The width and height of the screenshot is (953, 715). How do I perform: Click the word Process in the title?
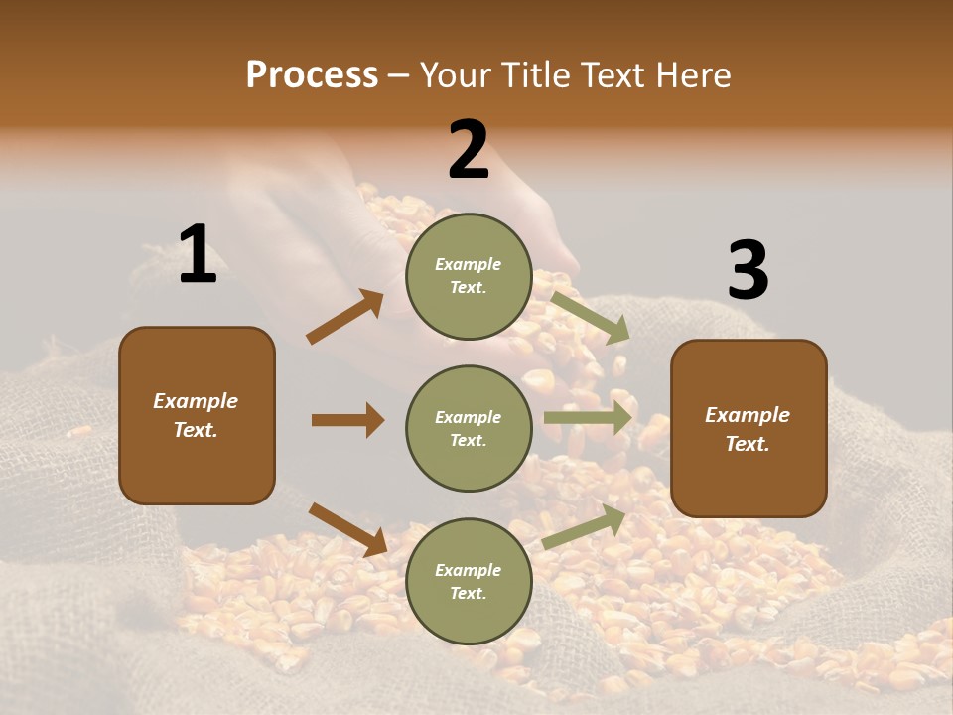pos(312,75)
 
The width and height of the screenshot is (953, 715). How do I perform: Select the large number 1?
pos(198,256)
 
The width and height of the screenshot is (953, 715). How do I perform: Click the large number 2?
pos(469,150)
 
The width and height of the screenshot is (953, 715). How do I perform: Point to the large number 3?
pos(748,271)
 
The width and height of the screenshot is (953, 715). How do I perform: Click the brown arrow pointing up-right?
pos(345,316)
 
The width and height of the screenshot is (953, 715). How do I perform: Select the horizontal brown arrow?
pos(347,420)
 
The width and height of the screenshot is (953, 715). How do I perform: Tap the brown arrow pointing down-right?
pos(348,529)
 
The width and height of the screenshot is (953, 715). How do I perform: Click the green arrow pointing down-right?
pos(591,317)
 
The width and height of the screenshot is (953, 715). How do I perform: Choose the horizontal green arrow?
pos(589,417)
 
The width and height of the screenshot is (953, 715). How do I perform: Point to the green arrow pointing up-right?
pos(585,527)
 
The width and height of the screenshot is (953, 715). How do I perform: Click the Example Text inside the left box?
pos(196,415)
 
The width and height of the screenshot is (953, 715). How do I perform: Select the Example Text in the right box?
pos(748,429)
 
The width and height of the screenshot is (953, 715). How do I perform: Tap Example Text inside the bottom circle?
pos(469,581)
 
